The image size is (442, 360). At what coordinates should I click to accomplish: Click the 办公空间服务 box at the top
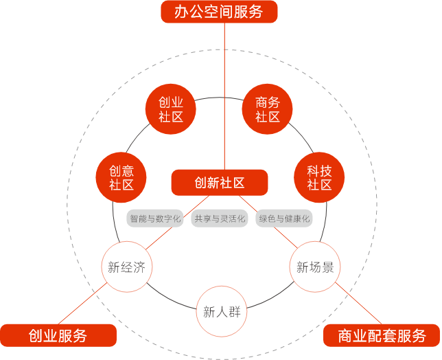click(x=219, y=12)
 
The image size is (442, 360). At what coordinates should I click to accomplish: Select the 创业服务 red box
click(x=58, y=336)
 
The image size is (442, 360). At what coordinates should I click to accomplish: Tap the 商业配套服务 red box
click(x=382, y=336)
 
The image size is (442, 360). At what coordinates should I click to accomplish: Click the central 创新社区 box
click(x=219, y=183)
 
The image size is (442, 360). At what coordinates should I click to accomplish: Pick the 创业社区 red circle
click(x=170, y=109)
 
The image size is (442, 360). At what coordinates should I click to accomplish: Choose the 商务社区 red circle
click(x=268, y=109)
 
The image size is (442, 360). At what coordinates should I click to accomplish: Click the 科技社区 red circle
click(x=318, y=177)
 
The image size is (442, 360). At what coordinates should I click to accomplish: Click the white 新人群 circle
click(x=221, y=311)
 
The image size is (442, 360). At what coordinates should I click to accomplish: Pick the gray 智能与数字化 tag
click(x=155, y=219)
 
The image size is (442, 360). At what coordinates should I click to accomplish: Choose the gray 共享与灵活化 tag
click(x=219, y=219)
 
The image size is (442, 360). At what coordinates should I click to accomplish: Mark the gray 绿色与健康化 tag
click(x=283, y=219)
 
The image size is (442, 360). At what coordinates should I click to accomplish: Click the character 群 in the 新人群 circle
click(x=234, y=312)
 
